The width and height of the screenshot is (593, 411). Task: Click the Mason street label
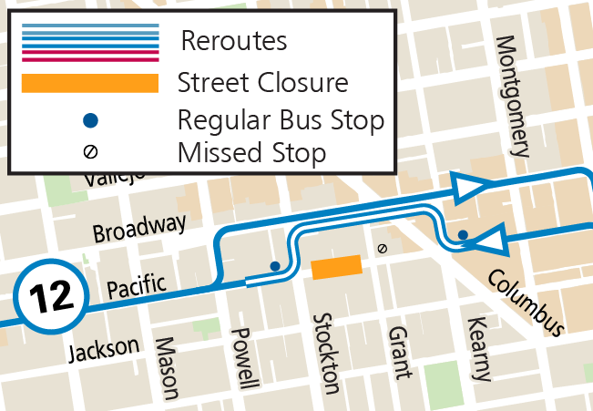pos(167,369)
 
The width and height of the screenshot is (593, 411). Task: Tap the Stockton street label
pos(325,354)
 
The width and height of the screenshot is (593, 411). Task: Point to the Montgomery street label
pos(513,97)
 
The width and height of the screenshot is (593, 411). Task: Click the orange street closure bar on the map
pos(336,268)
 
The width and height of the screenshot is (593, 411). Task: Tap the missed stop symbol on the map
pos(382,248)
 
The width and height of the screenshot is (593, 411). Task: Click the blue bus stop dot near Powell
pos(275,266)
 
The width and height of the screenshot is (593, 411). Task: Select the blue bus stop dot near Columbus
pos(463,235)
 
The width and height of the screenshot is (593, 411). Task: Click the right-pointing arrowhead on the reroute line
pos(472,188)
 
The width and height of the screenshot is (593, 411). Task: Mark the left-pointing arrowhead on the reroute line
pos(489,241)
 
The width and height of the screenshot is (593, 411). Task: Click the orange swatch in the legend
pos(90,84)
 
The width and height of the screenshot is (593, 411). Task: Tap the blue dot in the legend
pos(90,119)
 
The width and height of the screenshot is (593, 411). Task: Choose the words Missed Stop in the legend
pos(251,152)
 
